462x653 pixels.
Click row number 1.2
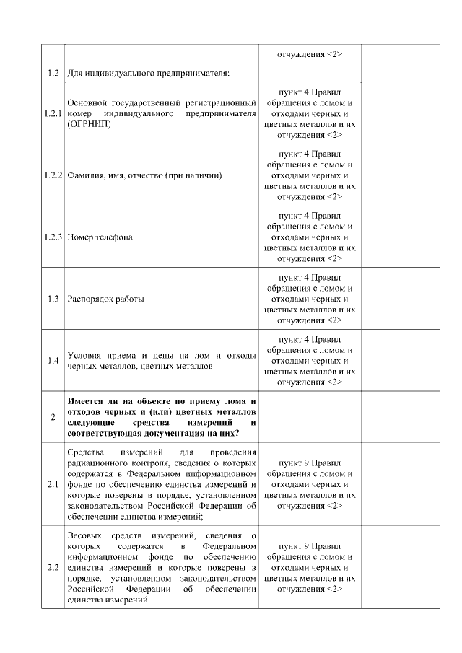click(53, 73)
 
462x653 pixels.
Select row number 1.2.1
click(53, 113)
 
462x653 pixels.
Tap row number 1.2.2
click(53, 175)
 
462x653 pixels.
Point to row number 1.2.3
click(53, 237)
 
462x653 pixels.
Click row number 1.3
click(53, 299)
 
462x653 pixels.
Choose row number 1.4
click(53, 360)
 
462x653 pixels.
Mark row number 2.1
click(53, 484)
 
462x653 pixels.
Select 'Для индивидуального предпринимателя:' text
click(148, 73)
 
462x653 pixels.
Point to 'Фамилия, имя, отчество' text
click(119, 175)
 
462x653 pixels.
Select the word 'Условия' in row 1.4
click(85, 355)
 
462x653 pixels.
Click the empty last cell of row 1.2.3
click(400, 237)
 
